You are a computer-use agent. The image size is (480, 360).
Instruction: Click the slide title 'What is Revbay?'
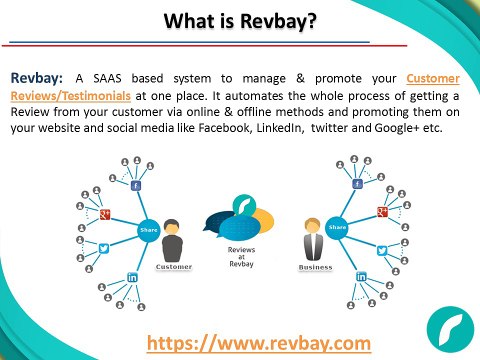[x=240, y=19]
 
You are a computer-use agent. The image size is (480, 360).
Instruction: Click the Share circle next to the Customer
[x=149, y=228]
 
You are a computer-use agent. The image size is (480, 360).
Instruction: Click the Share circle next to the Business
[x=336, y=227]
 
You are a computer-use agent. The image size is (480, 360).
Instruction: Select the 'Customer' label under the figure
[x=174, y=268]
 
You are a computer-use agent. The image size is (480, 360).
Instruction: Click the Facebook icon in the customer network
[x=135, y=185]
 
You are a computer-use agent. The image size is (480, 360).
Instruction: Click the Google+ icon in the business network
[x=381, y=211]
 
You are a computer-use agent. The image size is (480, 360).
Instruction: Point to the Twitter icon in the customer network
[x=104, y=246]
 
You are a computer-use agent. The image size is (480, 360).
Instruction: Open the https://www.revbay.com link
[x=259, y=342]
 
